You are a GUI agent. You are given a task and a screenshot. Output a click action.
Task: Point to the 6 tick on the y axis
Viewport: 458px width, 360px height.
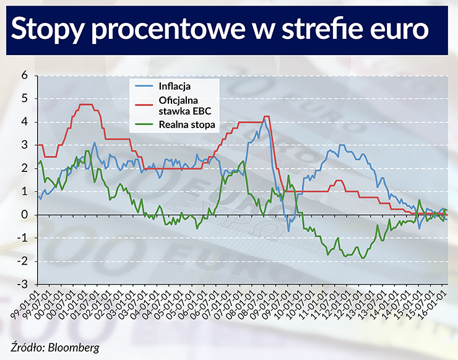click(x=25, y=75)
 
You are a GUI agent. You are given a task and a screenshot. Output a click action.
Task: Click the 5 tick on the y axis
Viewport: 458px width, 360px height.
click(x=25, y=98)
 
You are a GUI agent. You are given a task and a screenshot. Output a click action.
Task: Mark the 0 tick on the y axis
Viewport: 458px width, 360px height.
click(x=25, y=215)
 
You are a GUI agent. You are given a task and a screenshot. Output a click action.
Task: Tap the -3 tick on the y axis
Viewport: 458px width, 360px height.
click(x=22, y=285)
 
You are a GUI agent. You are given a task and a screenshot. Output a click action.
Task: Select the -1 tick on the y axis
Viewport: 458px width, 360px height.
click(x=22, y=238)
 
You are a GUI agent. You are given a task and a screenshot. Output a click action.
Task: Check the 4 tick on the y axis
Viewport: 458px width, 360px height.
click(x=25, y=121)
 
